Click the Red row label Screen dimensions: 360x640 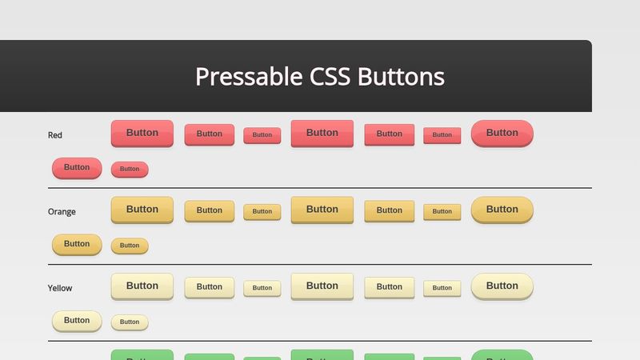(55, 135)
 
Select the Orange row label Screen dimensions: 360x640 (62, 212)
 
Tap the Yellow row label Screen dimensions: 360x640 (60, 288)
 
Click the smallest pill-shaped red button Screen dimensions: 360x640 (130, 169)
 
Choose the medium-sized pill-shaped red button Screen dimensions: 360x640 (77, 168)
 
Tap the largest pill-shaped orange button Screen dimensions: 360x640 (502, 210)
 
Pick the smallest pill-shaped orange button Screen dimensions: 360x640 (130, 246)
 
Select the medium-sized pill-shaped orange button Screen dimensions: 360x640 (77, 244)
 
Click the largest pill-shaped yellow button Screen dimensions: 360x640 (502, 286)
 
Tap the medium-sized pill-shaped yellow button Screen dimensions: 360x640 (77, 321)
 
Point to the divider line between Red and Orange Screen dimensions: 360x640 (320, 188)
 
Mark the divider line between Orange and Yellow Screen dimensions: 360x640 (320, 264)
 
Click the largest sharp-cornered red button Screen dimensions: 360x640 (322, 133)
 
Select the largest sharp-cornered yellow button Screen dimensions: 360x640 (322, 286)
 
